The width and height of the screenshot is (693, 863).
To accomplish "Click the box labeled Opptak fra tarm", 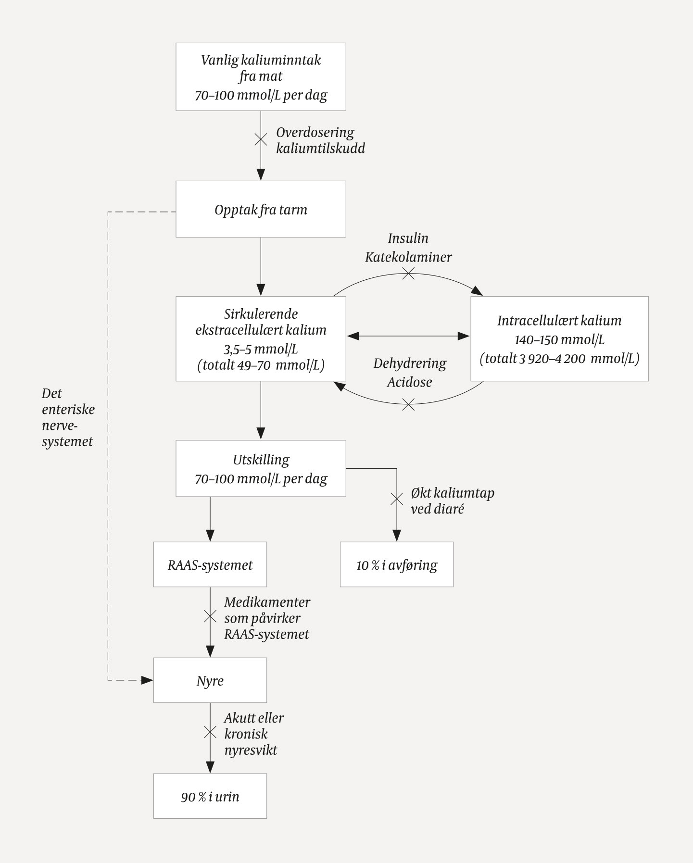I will pos(261,210).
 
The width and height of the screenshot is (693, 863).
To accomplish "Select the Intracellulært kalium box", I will pos(559,339).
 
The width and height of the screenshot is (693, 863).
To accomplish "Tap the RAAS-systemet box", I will pos(210,564).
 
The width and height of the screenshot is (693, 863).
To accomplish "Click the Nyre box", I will pos(210,680).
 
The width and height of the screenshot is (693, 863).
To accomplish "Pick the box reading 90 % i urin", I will pos(210,796).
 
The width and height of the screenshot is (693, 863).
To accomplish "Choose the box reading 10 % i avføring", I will pos(396,564).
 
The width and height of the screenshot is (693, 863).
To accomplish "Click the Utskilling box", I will pos(261,468).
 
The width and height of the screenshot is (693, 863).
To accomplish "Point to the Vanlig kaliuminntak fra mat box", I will pos(261,77).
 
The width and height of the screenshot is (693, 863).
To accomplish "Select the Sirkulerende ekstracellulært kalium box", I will pos(261,339).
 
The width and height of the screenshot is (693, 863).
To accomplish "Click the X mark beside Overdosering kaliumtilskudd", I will pos(261,140).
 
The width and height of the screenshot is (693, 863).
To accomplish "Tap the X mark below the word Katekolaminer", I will pos(408,274).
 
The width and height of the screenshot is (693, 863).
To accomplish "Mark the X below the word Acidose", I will pos(408,404).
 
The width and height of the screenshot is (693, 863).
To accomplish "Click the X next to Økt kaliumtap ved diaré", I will pos(396,499).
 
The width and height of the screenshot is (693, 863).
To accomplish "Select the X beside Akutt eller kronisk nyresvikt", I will pos(210,732).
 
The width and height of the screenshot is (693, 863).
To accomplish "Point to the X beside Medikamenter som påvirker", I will pos(210,616).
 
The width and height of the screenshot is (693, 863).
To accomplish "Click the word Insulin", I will pos(408,238).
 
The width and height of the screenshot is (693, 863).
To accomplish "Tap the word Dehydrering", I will pos(410,363).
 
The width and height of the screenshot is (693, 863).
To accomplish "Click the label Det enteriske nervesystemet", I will pos(67,417).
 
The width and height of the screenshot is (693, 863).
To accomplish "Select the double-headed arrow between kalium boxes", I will pos(408,336).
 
